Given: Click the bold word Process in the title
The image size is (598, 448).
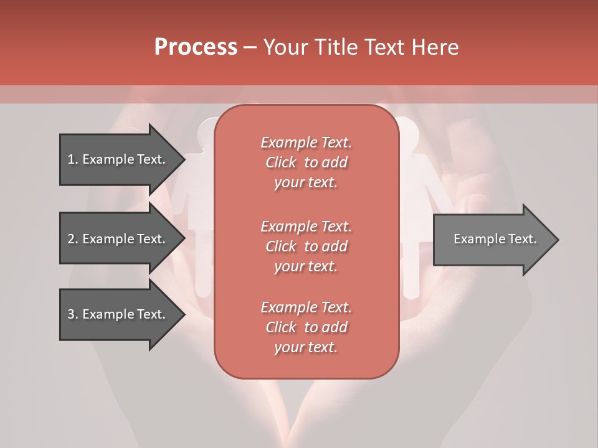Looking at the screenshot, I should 196,47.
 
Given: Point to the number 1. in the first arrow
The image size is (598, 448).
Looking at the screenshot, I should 72,159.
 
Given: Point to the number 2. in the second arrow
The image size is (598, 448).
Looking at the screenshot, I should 72,239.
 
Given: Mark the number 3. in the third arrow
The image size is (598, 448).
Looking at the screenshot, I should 72,314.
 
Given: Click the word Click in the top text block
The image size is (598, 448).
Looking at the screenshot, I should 281,162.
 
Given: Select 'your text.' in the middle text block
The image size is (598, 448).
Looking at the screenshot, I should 306,266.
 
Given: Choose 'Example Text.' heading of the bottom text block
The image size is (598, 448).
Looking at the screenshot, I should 306,307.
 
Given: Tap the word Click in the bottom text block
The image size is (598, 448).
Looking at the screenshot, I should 281,327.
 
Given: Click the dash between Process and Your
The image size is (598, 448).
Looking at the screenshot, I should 250,47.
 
